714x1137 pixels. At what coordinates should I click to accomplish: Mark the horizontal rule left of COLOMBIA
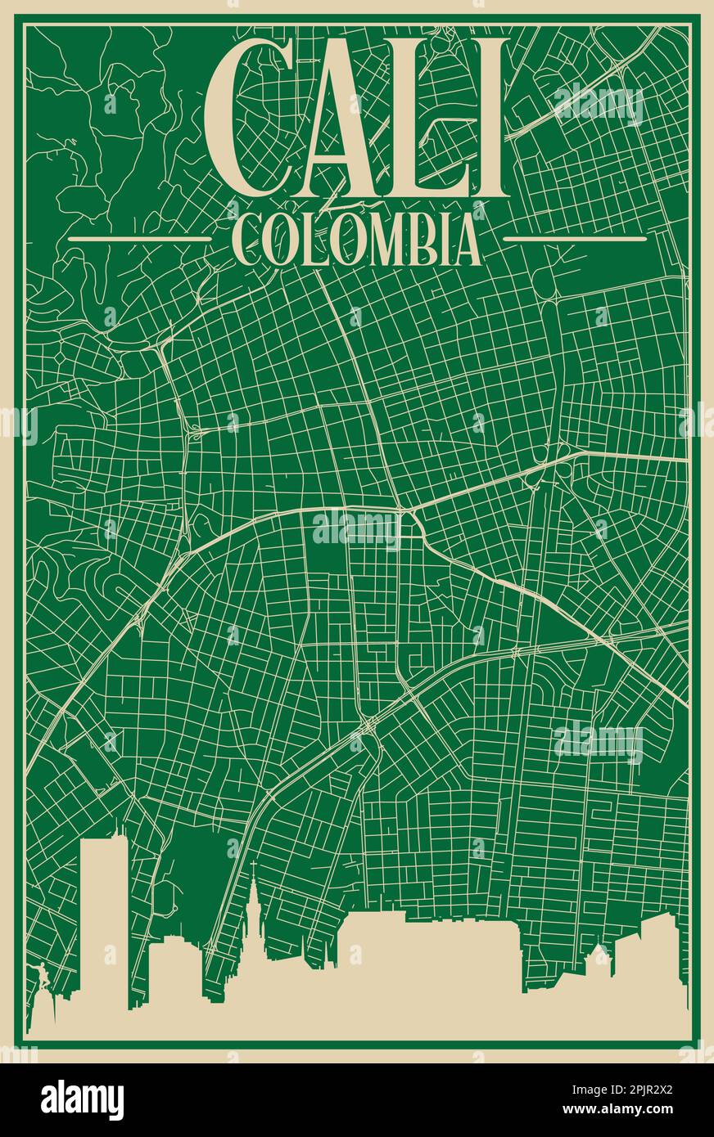[140, 239]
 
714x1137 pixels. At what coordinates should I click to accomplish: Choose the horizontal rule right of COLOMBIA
[574, 239]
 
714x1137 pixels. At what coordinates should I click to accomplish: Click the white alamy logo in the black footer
[82, 1100]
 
